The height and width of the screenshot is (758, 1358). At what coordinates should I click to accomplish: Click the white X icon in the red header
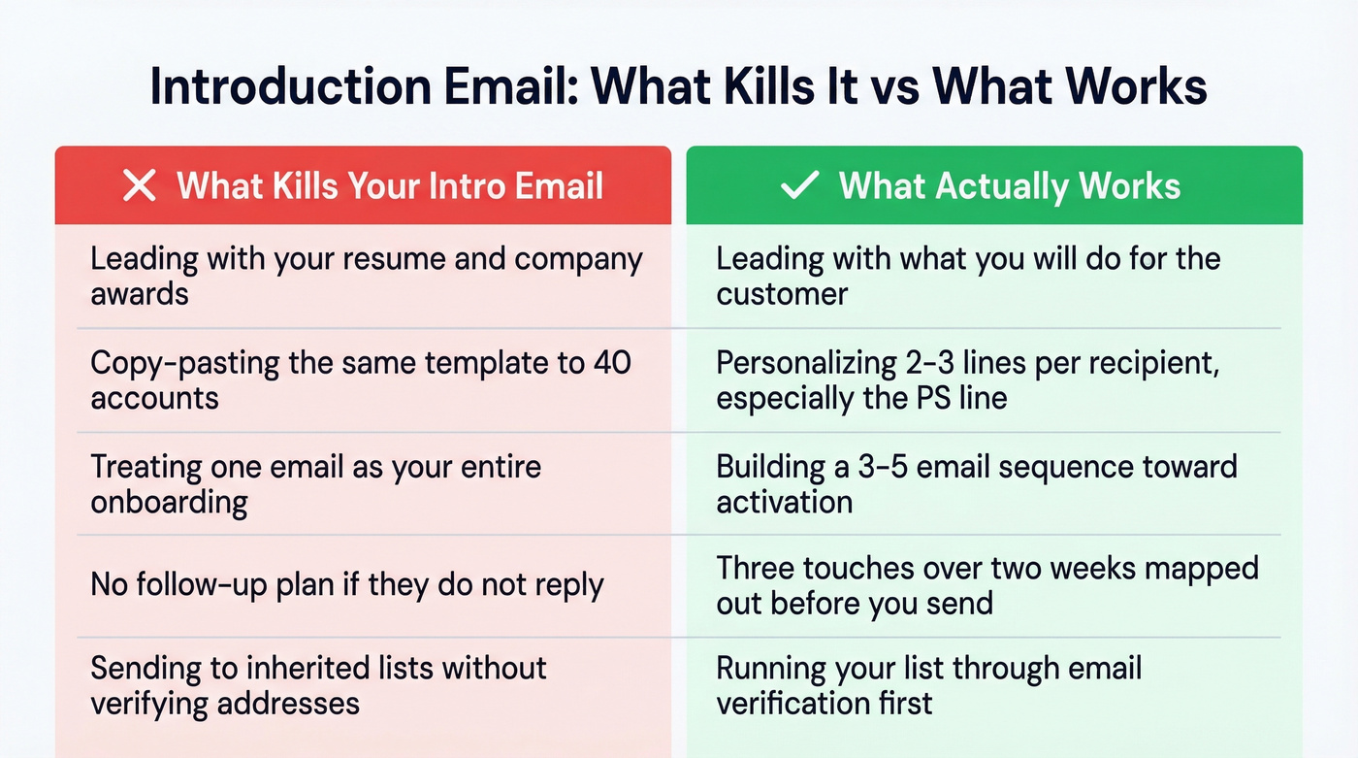point(140,185)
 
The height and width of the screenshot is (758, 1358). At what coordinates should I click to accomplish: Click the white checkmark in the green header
point(800,185)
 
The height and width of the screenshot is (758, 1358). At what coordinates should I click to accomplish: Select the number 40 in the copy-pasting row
point(611,363)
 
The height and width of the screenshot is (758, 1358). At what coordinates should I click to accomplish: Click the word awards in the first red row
point(140,294)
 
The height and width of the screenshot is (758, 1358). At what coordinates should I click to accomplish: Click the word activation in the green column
point(785,502)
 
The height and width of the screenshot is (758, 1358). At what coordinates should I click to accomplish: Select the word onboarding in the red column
point(170,503)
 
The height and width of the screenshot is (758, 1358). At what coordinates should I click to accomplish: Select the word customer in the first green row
point(782,294)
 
